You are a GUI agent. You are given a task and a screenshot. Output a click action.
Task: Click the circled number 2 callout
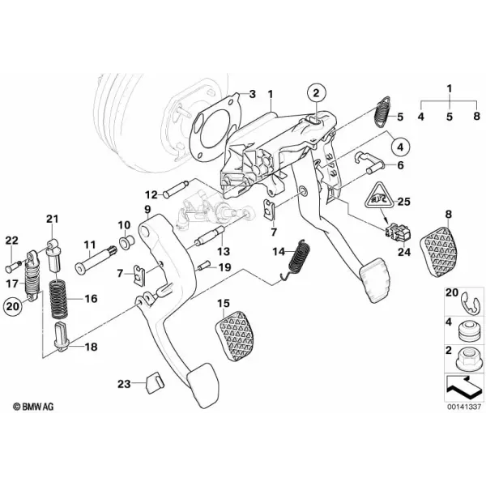coord(316,92)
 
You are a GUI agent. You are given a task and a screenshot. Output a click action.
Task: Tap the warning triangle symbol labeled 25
coord(380,196)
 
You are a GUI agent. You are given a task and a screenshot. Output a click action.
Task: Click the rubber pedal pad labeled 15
coord(237,335)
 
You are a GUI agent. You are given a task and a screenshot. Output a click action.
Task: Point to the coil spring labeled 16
coord(59,298)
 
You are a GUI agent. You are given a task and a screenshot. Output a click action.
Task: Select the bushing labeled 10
coord(127,241)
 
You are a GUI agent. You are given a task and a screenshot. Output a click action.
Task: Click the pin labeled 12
coord(176,188)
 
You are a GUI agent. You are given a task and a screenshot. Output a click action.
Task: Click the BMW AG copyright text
coord(33,407)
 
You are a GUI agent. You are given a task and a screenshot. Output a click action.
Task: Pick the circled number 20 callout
coord(12,306)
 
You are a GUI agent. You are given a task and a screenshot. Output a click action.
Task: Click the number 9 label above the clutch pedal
coord(147,210)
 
